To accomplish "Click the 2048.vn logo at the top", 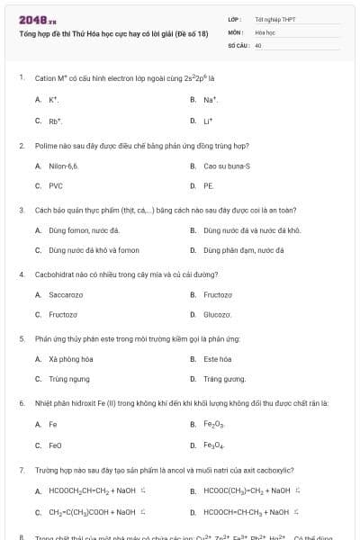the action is (38, 20).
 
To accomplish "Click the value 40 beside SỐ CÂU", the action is (258, 44).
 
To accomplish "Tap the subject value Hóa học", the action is (264, 31).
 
